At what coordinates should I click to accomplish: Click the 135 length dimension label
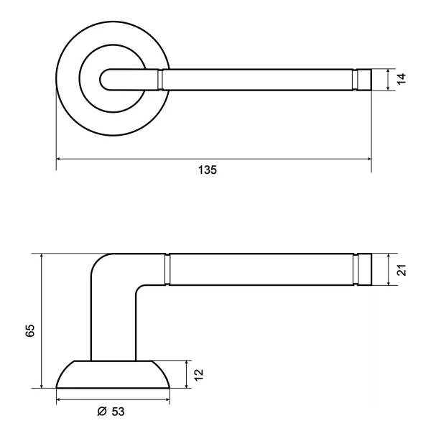point(208,170)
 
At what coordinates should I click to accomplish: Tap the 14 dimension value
point(402,79)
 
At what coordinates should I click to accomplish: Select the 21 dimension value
point(402,270)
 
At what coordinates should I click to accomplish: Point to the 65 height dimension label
point(30,330)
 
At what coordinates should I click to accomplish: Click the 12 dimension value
point(198,375)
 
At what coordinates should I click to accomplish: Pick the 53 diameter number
point(119,412)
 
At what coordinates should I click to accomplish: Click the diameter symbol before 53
point(102,411)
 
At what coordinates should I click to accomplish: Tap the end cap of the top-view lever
point(364,80)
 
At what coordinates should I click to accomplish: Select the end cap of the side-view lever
point(364,269)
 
